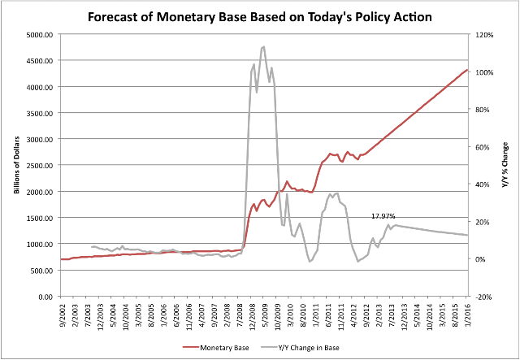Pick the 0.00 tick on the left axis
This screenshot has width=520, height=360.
44,297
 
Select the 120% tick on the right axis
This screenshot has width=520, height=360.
486,35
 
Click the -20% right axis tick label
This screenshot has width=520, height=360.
485,297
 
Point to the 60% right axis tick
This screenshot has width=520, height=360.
484,147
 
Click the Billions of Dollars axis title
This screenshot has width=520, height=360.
15,166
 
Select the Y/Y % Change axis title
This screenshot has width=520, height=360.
505,166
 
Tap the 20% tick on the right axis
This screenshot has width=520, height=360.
484,222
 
